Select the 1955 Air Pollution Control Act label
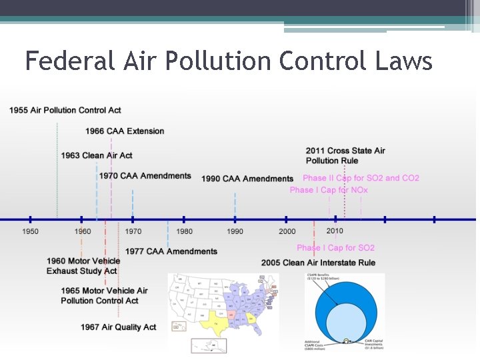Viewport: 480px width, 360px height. click(x=65, y=110)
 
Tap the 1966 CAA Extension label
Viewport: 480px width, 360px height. click(x=125, y=131)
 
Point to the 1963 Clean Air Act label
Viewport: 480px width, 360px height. click(x=97, y=155)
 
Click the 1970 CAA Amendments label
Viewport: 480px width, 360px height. click(x=145, y=176)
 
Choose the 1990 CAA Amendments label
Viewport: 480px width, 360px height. click(x=247, y=179)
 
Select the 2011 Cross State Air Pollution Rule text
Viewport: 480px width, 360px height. click(x=345, y=156)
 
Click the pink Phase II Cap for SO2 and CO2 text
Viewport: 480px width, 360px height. click(x=361, y=178)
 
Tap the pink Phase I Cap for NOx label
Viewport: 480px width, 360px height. click(x=329, y=190)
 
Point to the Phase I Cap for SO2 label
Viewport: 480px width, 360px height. click(x=335, y=248)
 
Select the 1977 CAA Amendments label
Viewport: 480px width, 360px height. click(x=171, y=251)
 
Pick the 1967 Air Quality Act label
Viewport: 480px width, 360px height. click(x=118, y=327)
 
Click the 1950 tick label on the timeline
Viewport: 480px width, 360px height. click(x=30, y=231)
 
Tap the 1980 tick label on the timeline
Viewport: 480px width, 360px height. click(x=184, y=231)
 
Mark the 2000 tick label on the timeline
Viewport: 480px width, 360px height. click(x=287, y=231)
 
